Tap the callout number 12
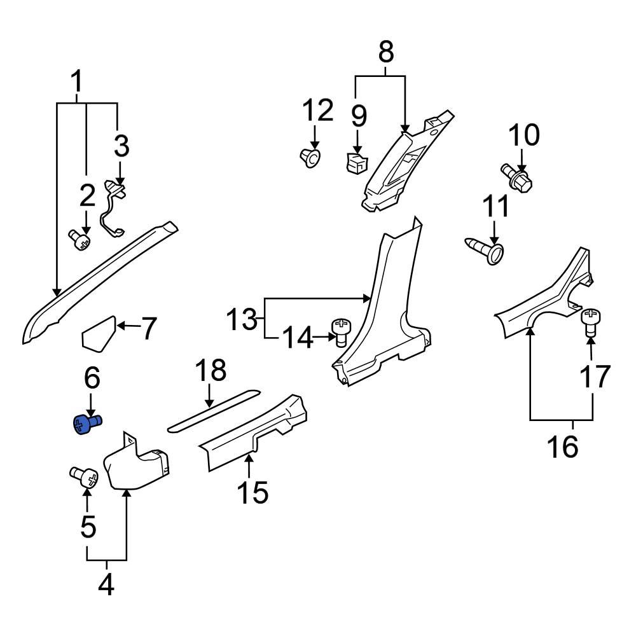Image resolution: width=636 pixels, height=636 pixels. pos(317,111)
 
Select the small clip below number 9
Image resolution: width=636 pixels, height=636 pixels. pos(355,163)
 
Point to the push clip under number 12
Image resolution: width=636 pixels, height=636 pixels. pos(309,157)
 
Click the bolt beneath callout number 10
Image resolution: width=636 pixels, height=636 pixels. pos(519,176)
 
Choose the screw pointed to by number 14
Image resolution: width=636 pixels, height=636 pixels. pos(341,331)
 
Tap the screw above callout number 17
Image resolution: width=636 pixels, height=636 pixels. pos(591,321)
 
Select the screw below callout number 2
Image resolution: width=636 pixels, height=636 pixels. pos(79,241)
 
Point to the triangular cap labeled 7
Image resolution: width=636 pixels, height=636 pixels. pos(99,333)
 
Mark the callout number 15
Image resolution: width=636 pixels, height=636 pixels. pos(252,492)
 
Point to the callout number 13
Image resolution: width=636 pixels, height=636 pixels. pos(242,319)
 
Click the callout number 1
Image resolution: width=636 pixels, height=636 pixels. pos(76,83)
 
